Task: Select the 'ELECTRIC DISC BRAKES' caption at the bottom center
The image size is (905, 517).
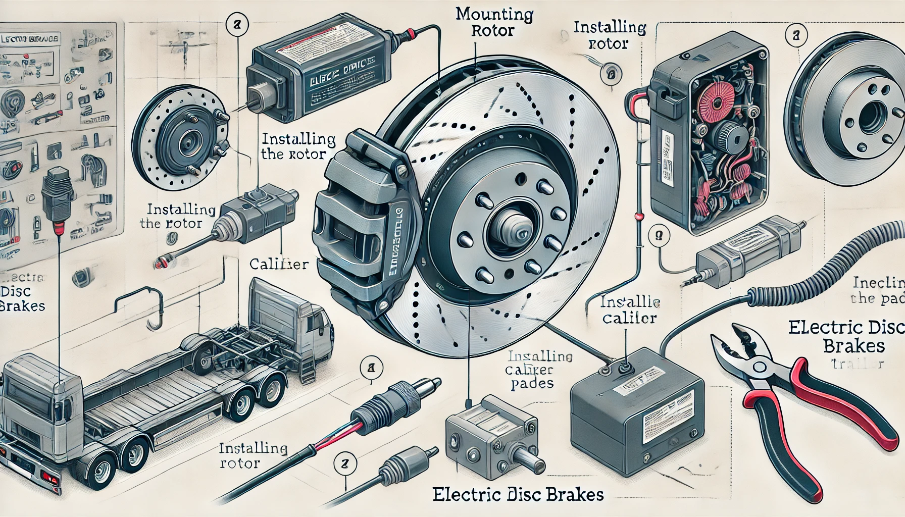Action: click(x=518, y=494)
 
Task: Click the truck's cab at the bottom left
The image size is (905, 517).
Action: click(x=40, y=399)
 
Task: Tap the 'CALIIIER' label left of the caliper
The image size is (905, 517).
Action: click(x=279, y=264)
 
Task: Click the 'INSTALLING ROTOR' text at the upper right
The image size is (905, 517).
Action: click(x=610, y=35)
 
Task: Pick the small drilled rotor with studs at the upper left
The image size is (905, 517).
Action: click(x=179, y=136)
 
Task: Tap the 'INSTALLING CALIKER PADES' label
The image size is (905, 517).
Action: click(x=538, y=370)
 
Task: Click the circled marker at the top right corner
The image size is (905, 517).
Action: click(x=796, y=35)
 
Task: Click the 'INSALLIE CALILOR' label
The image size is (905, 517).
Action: click(x=629, y=310)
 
